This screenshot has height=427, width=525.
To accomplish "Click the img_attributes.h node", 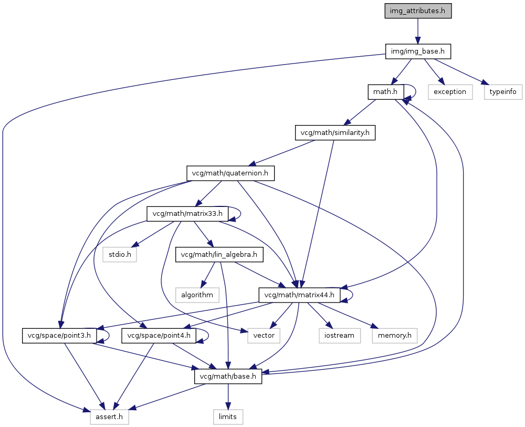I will [x=418, y=11].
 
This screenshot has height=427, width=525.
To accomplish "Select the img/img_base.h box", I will [x=418, y=51].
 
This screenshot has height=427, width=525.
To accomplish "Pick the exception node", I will [x=450, y=92].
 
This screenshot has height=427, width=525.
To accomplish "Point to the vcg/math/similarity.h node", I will [x=335, y=133].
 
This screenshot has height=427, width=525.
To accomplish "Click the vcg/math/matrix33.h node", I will [x=187, y=214].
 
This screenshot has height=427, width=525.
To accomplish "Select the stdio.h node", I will [x=120, y=255].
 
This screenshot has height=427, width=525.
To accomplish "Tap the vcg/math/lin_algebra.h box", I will [x=219, y=255].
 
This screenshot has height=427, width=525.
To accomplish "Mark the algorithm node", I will [x=197, y=295].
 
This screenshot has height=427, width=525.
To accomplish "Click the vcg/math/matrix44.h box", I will [x=299, y=295].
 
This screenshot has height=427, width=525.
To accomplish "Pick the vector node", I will [x=264, y=336].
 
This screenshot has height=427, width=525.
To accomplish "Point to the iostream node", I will [x=339, y=336].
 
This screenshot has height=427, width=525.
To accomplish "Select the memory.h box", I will [x=394, y=336].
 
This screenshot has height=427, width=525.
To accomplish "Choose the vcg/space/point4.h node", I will [x=159, y=336].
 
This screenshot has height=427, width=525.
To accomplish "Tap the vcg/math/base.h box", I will [x=228, y=376].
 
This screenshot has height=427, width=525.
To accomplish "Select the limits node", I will [x=228, y=417].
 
